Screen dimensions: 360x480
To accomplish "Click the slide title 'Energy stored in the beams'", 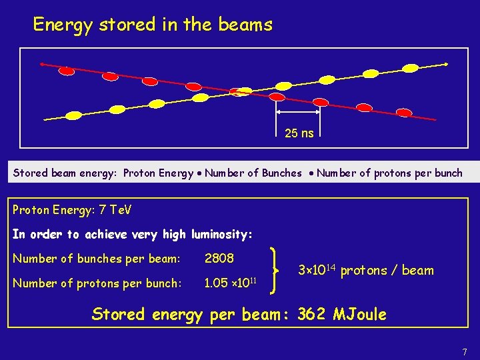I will pos(153,25).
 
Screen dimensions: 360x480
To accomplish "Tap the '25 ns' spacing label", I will pos(299,133).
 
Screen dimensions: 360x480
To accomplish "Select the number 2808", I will pos(219,258).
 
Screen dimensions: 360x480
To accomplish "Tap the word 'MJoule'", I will pos(361,314).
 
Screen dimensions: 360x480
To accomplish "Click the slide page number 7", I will pos(465,351).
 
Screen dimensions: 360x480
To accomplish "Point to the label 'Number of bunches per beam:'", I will pos(97,259).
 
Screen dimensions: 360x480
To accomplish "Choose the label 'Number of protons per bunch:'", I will pos(97,283).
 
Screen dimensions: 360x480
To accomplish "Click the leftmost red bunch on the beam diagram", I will pos(67,70).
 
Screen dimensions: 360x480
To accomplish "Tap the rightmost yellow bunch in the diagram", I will pos(411,68).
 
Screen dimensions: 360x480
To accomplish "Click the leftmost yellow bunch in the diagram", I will pos(73,115).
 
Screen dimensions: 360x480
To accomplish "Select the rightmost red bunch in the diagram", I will pos(405,113).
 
